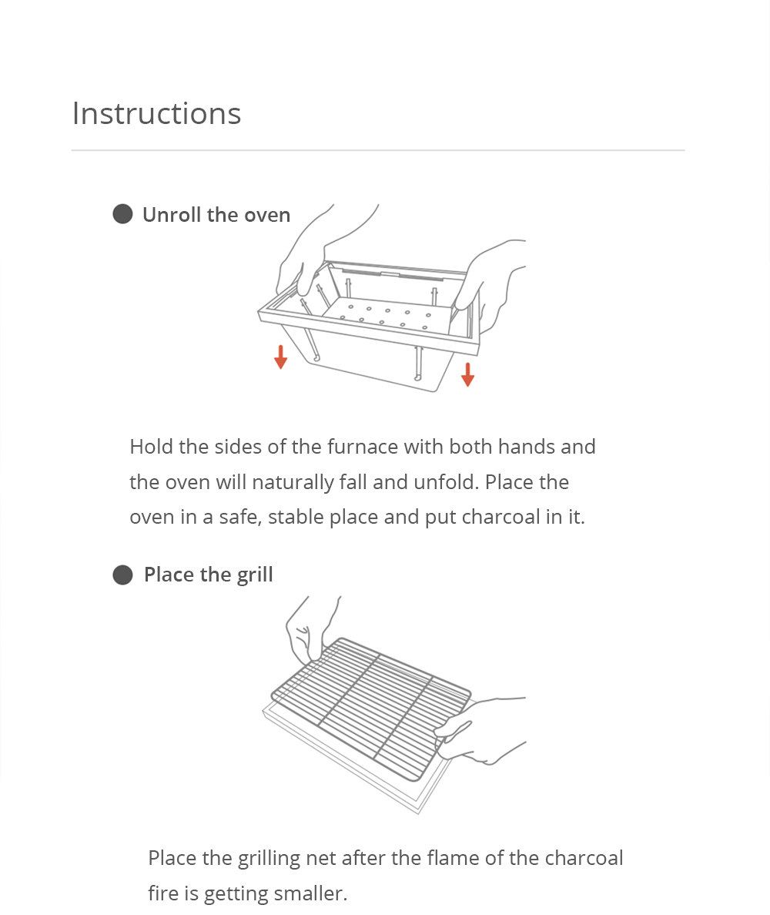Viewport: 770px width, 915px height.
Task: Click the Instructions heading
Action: click(x=156, y=113)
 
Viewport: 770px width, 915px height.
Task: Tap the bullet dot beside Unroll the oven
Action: click(x=122, y=214)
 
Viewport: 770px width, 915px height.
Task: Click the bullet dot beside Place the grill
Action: click(x=122, y=575)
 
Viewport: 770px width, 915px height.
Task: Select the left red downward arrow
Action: click(x=281, y=357)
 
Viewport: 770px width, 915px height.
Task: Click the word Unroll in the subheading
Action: click(x=171, y=215)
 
